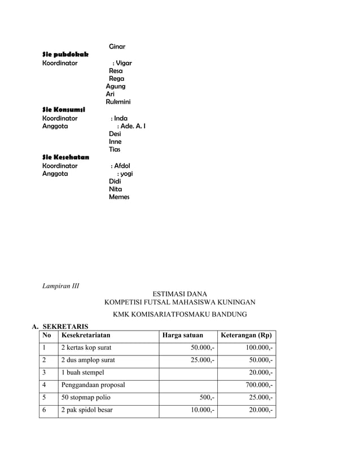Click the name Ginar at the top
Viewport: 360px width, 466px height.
(117, 46)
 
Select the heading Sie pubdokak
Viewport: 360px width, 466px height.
(65, 54)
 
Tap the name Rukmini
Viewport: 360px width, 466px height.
(118, 102)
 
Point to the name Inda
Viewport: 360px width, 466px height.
(120, 118)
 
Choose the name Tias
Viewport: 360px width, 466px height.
(115, 150)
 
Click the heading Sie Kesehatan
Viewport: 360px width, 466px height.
(65, 157)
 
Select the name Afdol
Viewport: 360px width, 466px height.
(122, 166)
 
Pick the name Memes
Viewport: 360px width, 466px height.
(119, 197)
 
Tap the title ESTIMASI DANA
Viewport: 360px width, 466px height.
(180, 294)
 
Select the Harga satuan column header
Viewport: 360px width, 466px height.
(182, 336)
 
